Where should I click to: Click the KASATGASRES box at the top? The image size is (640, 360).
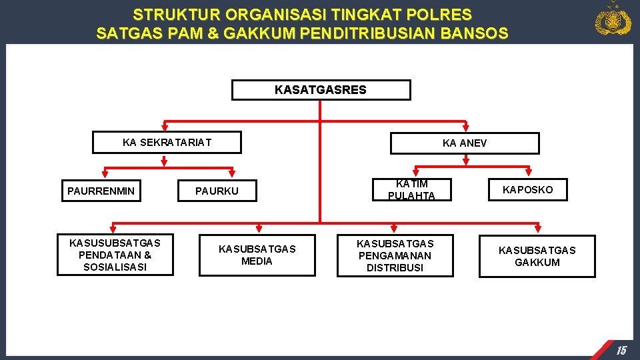[x=321, y=90]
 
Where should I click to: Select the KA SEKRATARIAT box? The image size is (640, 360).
[x=167, y=143]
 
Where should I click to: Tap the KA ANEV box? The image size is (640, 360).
[x=465, y=143]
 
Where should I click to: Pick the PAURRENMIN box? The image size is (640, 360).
[x=101, y=191]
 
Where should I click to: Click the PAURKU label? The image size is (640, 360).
[x=217, y=191]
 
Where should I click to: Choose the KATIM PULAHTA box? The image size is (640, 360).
[x=411, y=189]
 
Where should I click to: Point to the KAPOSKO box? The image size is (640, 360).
[x=527, y=189]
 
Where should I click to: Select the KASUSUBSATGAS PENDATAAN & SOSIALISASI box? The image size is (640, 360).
[x=115, y=255]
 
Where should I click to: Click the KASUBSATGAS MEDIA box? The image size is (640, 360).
[x=257, y=255]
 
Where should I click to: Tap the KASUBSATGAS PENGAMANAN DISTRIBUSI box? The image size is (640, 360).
[x=395, y=255]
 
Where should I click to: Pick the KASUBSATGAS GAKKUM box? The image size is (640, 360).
[x=537, y=256]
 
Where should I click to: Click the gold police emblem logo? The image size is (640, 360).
[x=613, y=19]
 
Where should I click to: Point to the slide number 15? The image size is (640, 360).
[x=621, y=350]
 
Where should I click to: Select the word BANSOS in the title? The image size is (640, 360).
[x=477, y=33]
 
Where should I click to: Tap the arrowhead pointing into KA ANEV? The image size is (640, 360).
[x=465, y=129]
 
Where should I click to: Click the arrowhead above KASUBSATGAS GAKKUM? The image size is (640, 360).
[x=537, y=229]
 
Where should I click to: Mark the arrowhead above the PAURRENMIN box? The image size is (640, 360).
[x=93, y=172]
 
